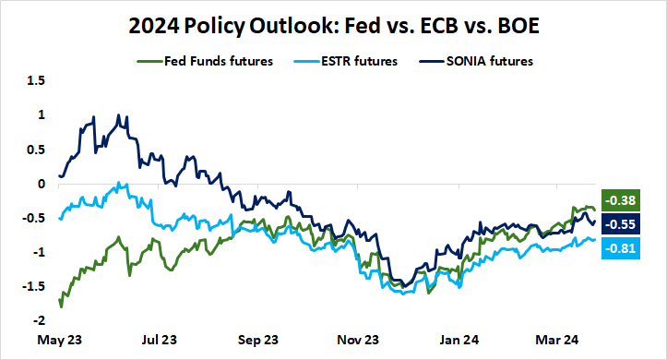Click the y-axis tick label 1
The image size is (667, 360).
41,114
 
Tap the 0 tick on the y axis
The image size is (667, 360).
41,184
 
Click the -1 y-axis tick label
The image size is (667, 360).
38,252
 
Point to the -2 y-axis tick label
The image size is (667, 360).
38,321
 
